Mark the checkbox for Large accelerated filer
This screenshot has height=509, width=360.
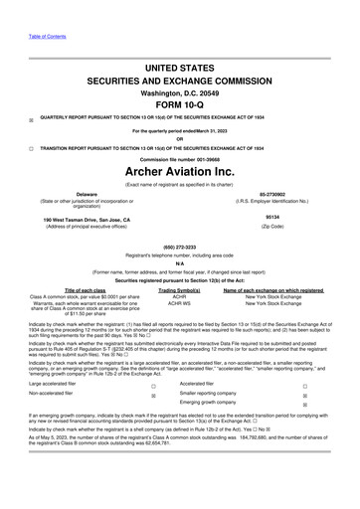(152, 383)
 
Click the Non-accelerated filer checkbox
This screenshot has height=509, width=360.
(152, 396)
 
